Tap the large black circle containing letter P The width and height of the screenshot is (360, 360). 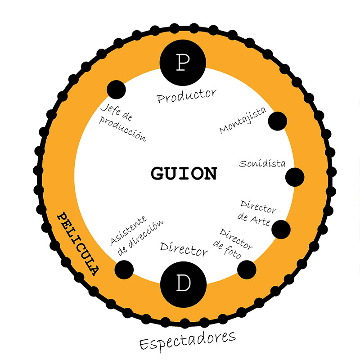coord(183,63)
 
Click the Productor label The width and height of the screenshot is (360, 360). coord(186,95)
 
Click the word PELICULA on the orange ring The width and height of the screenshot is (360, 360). coord(78,243)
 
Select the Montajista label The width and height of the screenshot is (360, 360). coord(243,121)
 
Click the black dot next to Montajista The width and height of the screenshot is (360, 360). coord(278,121)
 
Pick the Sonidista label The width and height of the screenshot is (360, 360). coord(262,163)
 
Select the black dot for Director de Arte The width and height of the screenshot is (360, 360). coord(281,229)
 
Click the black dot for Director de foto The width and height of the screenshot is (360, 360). coord(247,269)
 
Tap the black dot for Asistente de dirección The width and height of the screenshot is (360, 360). coord(124,269)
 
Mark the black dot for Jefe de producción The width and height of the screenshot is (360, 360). coord(116,89)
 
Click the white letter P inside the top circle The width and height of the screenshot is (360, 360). coord(183,63)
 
